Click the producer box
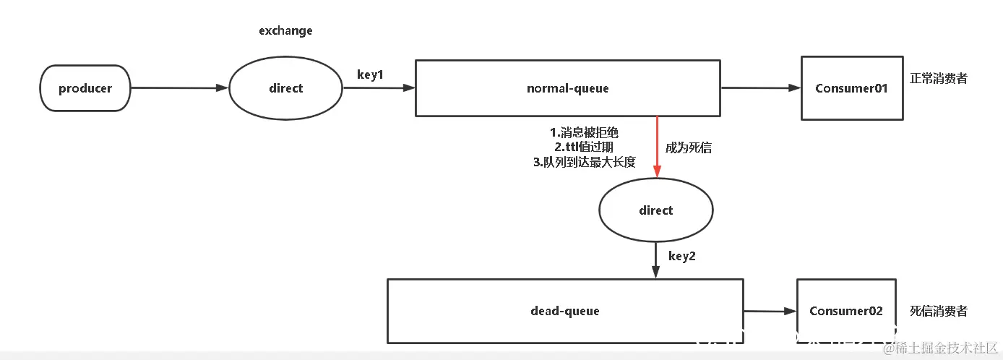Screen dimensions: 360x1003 (85, 88)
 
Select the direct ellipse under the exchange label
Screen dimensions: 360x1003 (285, 88)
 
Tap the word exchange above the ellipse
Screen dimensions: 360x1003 (285, 31)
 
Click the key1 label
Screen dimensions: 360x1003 (370, 75)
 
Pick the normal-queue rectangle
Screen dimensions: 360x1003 (567, 88)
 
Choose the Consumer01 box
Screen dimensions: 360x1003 (851, 88)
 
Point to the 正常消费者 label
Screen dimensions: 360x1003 (939, 79)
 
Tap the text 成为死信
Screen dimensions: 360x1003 (689, 148)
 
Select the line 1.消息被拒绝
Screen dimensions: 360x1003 (584, 133)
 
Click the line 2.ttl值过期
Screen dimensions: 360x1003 (584, 147)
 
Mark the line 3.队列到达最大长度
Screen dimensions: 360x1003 (584, 163)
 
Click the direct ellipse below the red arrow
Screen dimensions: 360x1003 (655, 210)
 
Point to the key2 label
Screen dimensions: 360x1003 (681, 256)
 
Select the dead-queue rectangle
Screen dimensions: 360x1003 (565, 311)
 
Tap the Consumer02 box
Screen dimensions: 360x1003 (845, 311)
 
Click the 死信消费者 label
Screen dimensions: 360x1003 (939, 311)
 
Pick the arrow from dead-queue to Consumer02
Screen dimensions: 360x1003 (770, 312)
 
